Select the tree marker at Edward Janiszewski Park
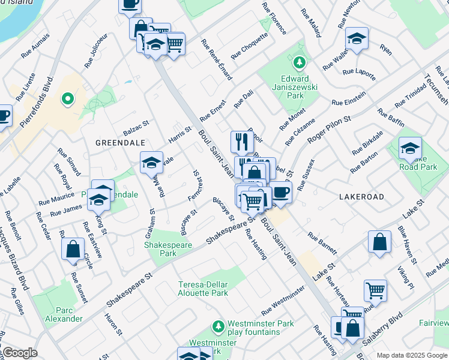(x=298, y=62)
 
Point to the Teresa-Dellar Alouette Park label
(x=203, y=289)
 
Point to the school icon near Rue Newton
(x=357, y=39)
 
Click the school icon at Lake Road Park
(x=409, y=148)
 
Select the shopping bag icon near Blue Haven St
(x=379, y=242)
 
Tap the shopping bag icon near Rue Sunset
(x=72, y=248)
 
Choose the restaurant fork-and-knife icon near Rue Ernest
(x=241, y=142)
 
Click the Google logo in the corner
(x=19, y=353)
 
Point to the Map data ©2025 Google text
(x=411, y=355)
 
